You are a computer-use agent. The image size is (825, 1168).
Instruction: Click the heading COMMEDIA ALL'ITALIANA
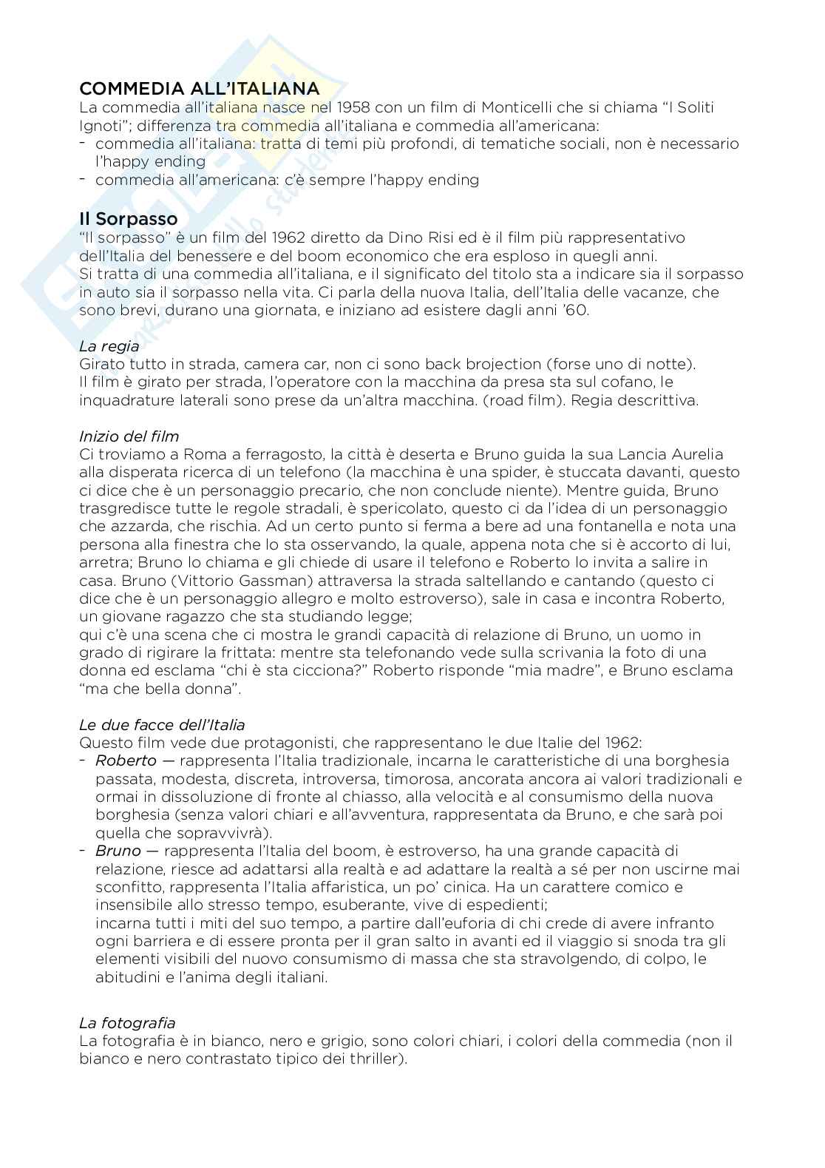click(x=200, y=89)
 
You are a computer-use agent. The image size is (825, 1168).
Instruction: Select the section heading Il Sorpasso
click(x=129, y=219)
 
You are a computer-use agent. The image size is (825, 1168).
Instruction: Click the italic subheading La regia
click(x=109, y=345)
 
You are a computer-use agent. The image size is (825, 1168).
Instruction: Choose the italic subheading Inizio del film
click(x=129, y=436)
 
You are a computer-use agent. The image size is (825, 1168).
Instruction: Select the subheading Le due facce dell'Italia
click(x=162, y=724)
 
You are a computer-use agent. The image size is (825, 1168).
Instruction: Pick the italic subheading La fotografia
click(x=127, y=1023)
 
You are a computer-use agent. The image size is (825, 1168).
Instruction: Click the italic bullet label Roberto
click(x=126, y=760)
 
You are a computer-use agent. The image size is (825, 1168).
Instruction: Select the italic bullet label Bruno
click(x=118, y=851)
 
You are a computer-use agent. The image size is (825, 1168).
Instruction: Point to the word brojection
click(x=483, y=364)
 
